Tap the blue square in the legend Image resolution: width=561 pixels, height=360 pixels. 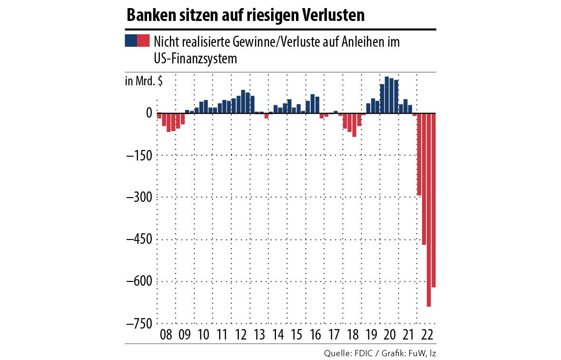(131, 40)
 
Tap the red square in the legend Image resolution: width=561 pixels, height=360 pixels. (143, 40)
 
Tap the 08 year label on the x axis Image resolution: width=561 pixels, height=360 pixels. (167, 335)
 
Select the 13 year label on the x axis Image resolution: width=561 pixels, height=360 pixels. (259, 335)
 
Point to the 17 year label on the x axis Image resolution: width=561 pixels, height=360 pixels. (334, 335)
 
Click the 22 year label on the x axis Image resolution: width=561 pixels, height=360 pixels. (427, 335)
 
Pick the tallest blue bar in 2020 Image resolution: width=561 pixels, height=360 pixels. (387, 95)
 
